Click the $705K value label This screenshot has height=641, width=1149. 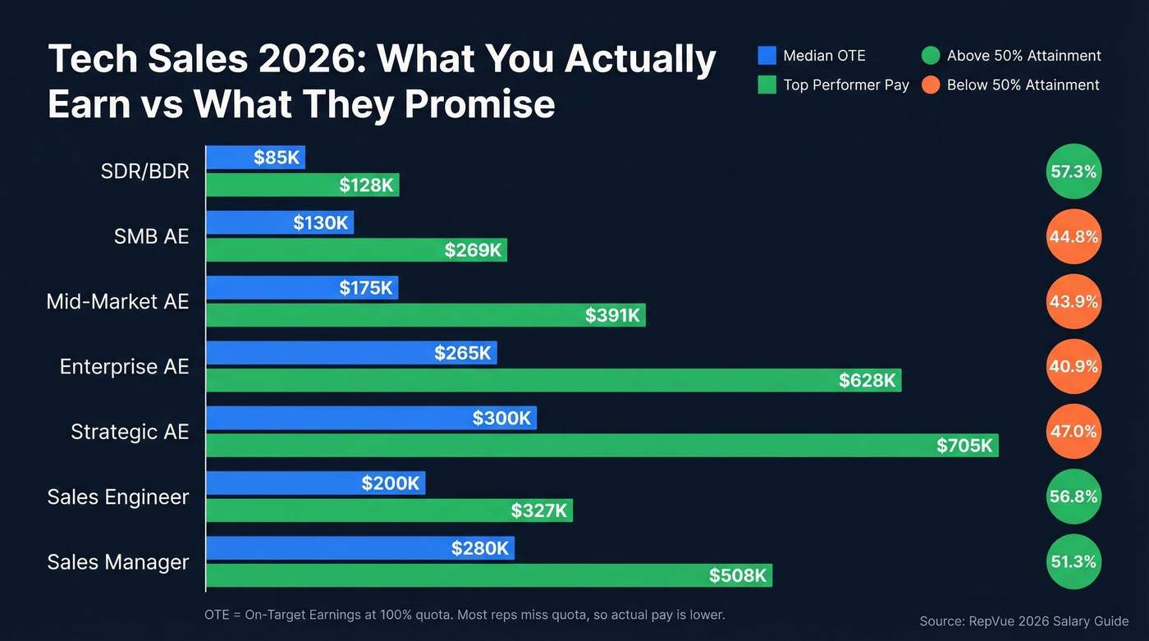tap(964, 446)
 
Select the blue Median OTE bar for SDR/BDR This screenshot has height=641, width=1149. tap(254, 158)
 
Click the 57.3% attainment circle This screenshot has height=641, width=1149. tap(1073, 172)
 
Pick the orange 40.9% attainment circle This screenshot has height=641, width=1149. tap(1073, 367)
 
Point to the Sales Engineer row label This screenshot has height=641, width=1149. tap(118, 497)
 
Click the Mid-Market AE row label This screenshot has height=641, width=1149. tap(117, 301)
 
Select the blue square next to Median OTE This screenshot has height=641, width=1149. tap(767, 56)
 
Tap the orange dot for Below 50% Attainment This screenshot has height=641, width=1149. tap(930, 85)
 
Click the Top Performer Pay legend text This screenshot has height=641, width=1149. tap(846, 85)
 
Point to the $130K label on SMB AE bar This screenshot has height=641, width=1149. tap(321, 222)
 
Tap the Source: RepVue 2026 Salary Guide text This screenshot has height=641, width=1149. tap(1024, 621)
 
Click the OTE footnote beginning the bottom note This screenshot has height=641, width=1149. tap(465, 614)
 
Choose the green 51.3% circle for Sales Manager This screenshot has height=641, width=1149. tap(1073, 562)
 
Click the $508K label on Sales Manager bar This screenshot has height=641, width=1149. tap(738, 575)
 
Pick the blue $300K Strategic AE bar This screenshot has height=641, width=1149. tap(370, 418)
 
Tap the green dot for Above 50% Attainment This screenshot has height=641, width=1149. tap(930, 56)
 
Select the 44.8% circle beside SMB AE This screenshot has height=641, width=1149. tap(1073, 236)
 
